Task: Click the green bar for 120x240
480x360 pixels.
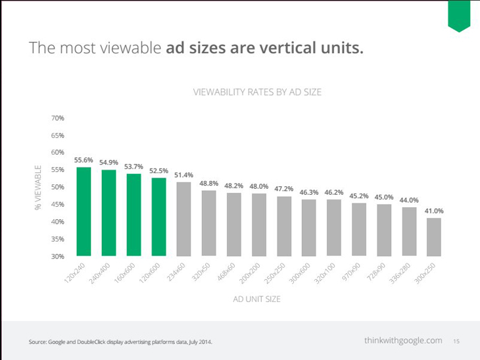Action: [x=84, y=211]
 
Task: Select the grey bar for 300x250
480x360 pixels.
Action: [x=434, y=237]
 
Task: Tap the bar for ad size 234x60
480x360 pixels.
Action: [x=183, y=219]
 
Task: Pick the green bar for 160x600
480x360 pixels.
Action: [x=133, y=215]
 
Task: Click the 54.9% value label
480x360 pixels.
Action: [x=108, y=163]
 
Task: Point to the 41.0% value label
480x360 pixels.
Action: [x=434, y=211]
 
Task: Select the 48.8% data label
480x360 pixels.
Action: [x=209, y=183]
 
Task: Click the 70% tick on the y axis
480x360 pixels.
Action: [x=58, y=118]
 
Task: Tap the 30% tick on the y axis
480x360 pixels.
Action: [x=58, y=256]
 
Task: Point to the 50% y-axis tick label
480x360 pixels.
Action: [x=58, y=187]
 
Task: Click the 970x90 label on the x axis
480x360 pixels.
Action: [x=351, y=272]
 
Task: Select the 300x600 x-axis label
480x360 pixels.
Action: [x=300, y=273]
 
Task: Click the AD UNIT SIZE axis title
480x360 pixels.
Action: [x=257, y=299]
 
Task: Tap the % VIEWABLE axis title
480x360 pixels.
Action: [x=38, y=188]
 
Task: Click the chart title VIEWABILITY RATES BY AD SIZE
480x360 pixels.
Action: [x=257, y=92]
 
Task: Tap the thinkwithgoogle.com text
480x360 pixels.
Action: [x=403, y=340]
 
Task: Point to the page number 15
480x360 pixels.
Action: [x=456, y=341]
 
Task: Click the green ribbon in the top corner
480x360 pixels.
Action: [x=459, y=16]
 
